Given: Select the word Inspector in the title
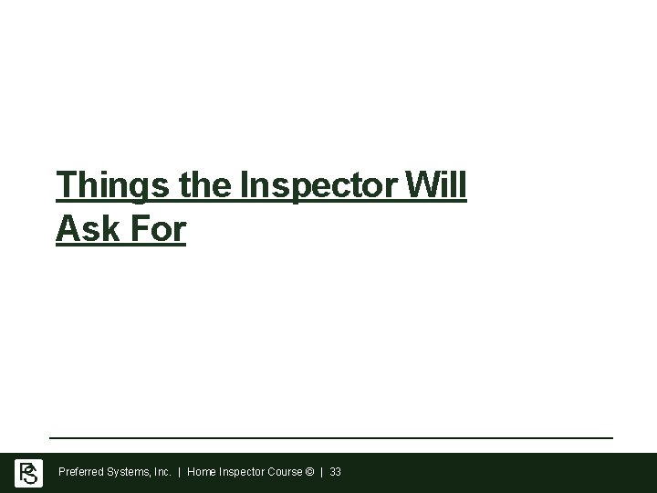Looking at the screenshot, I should [318, 185].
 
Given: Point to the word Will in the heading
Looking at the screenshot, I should [438, 185].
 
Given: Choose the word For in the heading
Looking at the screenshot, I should [159, 229].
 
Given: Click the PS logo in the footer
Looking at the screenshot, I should [28, 473].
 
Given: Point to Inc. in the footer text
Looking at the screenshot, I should [162, 473].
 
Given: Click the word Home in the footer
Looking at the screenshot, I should [202, 473].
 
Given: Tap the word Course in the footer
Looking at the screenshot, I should [285, 473].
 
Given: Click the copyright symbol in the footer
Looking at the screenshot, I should [311, 473].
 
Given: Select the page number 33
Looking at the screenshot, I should [336, 473].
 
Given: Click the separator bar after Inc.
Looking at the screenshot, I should [180, 473].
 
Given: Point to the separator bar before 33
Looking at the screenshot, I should [322, 473].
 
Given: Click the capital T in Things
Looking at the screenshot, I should [66, 185].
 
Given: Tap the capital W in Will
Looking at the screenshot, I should [422, 185].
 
